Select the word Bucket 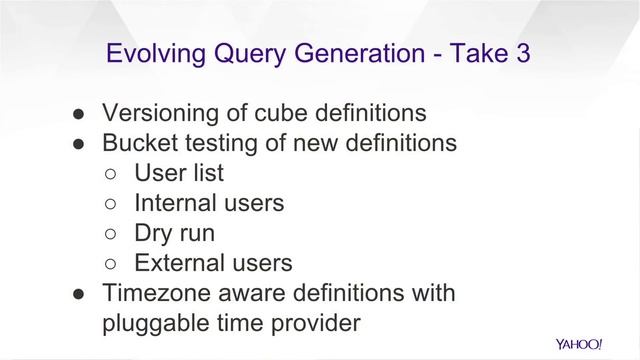click(142, 143)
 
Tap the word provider click(315, 324)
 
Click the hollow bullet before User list click(112, 174)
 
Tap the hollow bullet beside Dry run click(112, 234)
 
